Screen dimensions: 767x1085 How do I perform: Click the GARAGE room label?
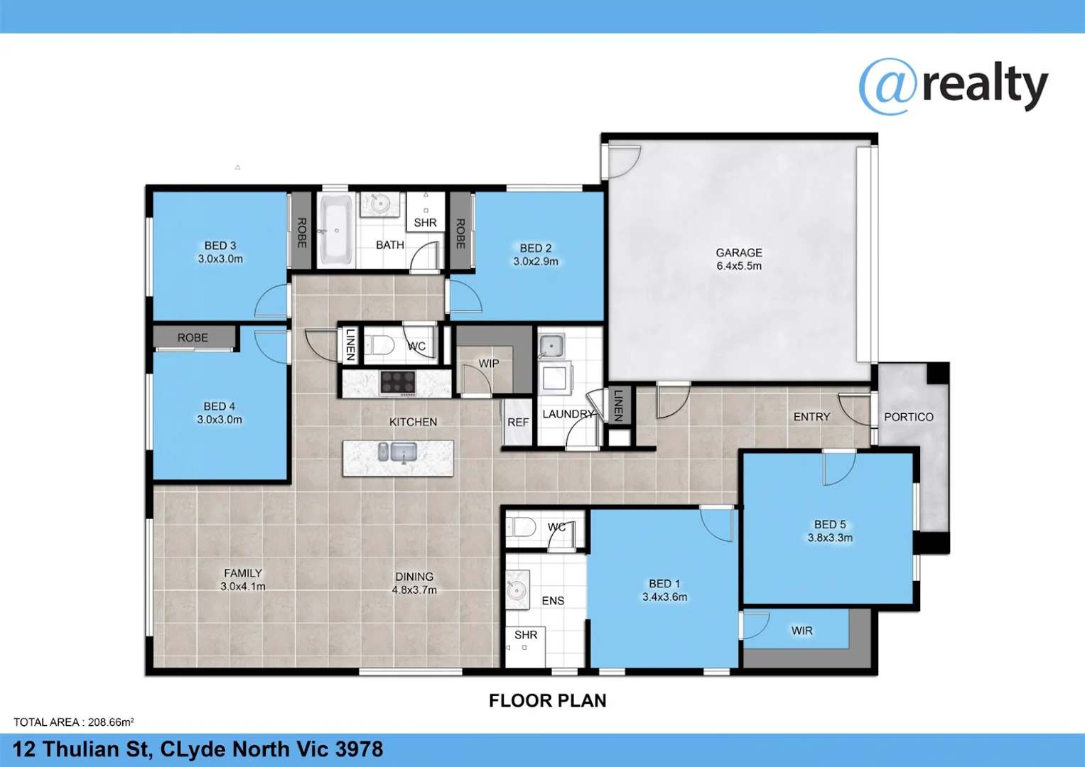point(739,253)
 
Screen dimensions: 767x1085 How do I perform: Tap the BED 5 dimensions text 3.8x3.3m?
point(830,538)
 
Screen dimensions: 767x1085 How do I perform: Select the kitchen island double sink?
point(397,451)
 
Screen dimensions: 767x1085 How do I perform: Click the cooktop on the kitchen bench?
point(398,383)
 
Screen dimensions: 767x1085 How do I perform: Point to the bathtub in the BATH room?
point(335,229)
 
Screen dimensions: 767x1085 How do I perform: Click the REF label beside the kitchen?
point(518,422)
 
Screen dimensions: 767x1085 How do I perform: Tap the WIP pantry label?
point(488,364)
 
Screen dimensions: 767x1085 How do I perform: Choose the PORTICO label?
point(908,417)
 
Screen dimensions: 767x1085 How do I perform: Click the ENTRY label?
point(811,417)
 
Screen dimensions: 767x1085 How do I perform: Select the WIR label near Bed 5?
point(801,631)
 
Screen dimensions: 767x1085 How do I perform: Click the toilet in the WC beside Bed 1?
point(522,528)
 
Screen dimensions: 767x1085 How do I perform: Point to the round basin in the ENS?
point(516,589)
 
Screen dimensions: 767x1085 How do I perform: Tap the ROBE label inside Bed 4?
point(193,338)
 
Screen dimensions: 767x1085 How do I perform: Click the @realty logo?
point(953,87)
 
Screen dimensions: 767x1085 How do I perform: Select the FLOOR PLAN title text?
point(547,701)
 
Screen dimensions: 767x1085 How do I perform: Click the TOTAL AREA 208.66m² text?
point(73,722)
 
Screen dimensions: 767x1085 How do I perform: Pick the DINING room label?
point(414,577)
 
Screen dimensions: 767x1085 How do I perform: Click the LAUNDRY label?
point(568,414)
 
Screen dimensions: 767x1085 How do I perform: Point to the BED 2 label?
point(536,248)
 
